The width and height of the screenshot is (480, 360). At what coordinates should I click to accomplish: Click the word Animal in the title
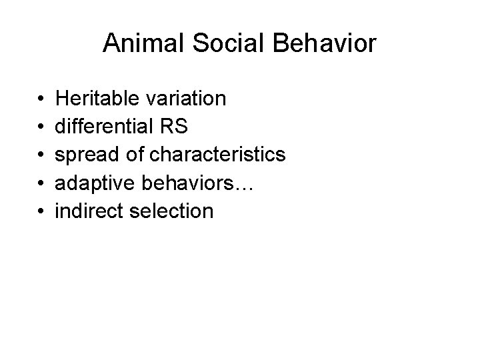tap(139, 44)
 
